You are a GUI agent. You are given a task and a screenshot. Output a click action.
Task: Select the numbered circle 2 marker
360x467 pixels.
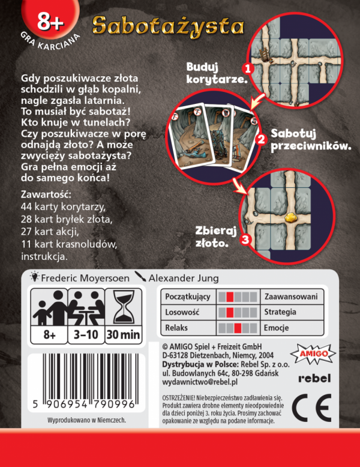260,139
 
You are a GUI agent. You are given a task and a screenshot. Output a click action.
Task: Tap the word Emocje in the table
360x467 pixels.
276,328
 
